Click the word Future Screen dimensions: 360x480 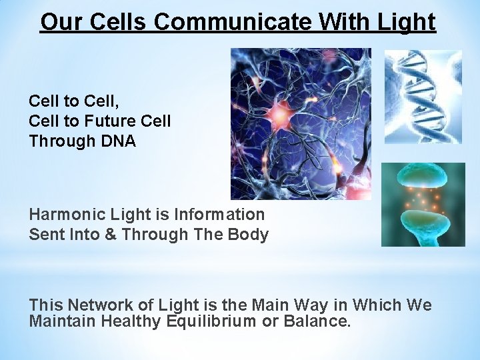point(105,121)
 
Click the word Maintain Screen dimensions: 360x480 point(59,321)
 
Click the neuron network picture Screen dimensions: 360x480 point(301,124)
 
